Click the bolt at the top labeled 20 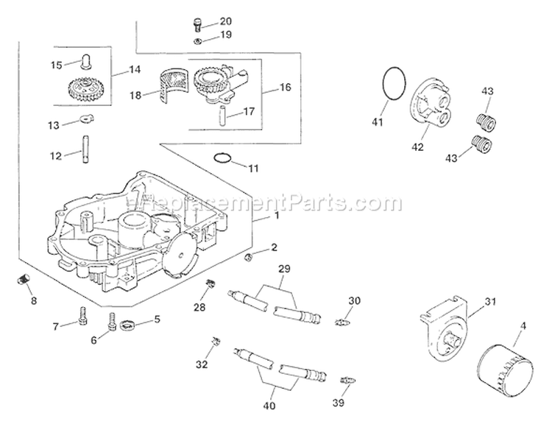197,22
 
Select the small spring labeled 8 24,280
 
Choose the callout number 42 417,147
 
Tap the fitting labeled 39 343,380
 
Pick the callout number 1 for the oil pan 277,218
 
